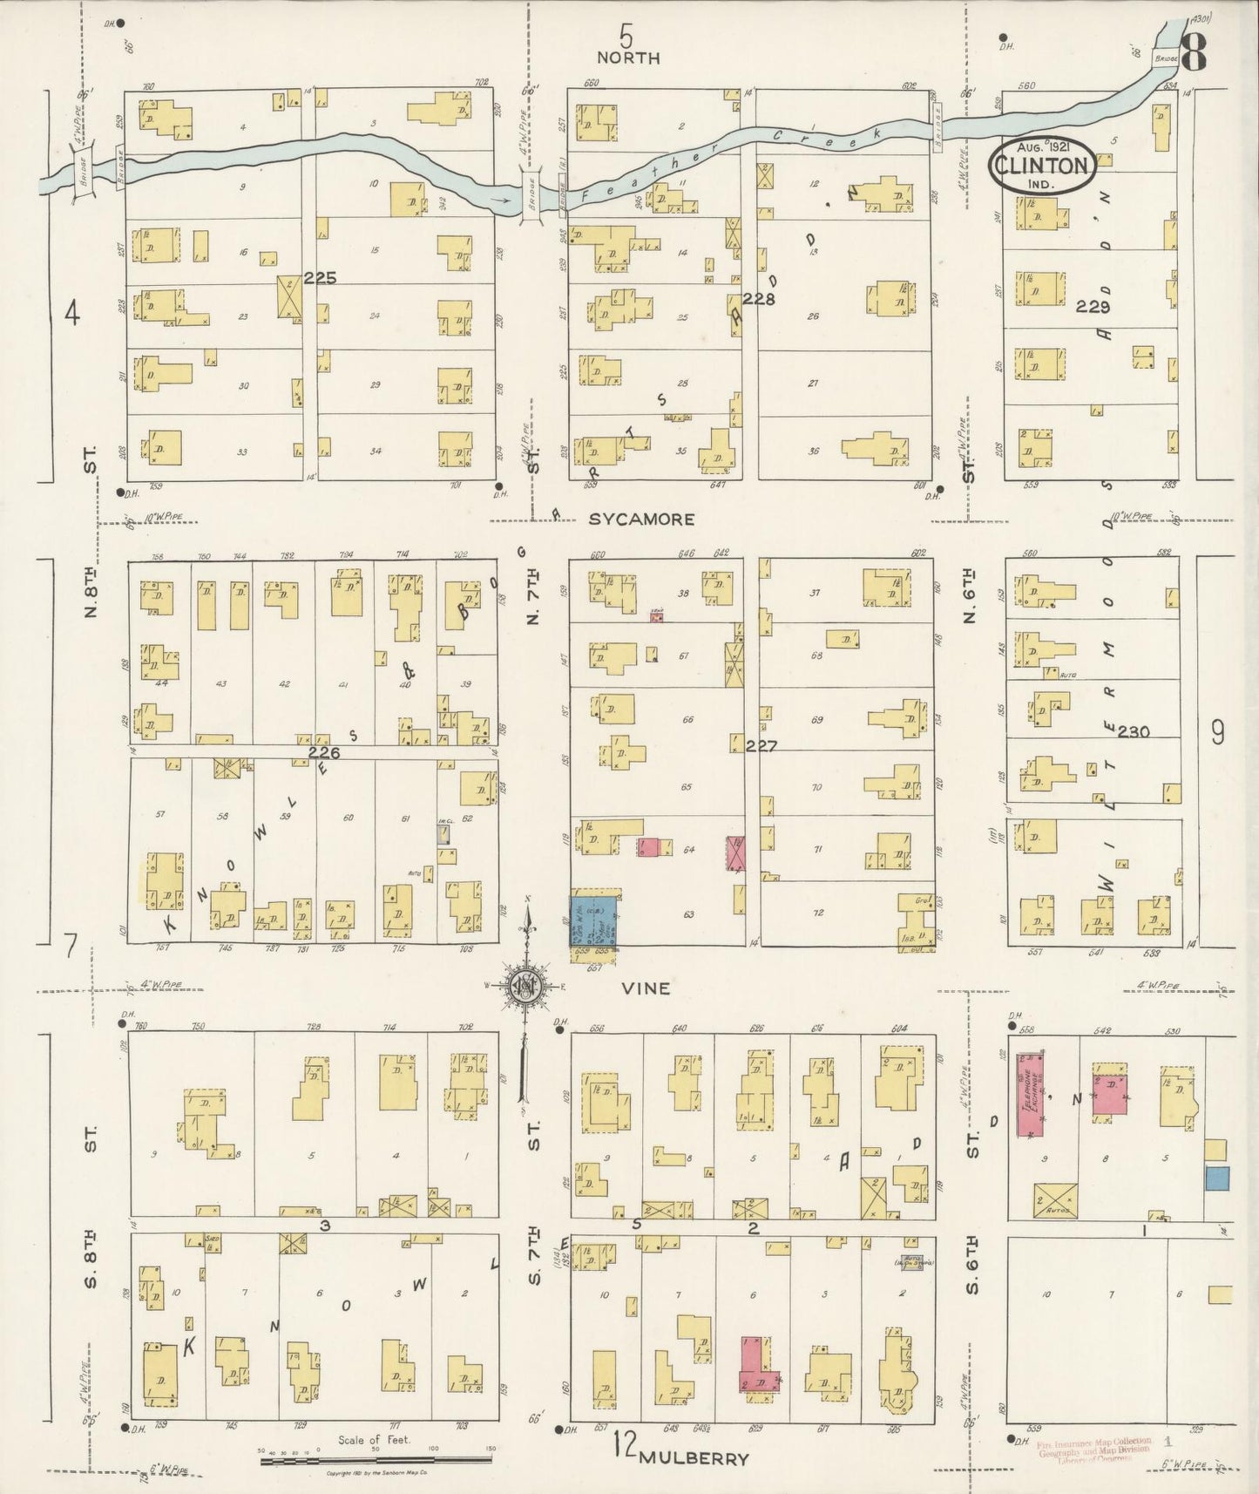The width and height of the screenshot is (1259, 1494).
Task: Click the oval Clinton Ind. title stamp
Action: (1041, 166)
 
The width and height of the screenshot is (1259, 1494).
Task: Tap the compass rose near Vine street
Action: (527, 985)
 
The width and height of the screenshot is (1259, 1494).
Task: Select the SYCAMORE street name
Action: (641, 520)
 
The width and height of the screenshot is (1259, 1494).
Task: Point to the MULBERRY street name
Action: (694, 1458)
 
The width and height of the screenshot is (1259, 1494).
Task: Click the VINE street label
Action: (646, 988)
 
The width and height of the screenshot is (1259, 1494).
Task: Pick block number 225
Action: (320, 280)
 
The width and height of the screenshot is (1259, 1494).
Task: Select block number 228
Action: (759, 298)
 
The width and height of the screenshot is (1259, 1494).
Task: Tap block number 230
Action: (1133, 731)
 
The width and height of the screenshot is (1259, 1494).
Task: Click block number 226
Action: (323, 751)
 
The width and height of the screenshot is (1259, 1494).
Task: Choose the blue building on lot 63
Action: (594, 921)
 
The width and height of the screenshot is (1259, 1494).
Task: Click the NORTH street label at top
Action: (627, 58)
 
